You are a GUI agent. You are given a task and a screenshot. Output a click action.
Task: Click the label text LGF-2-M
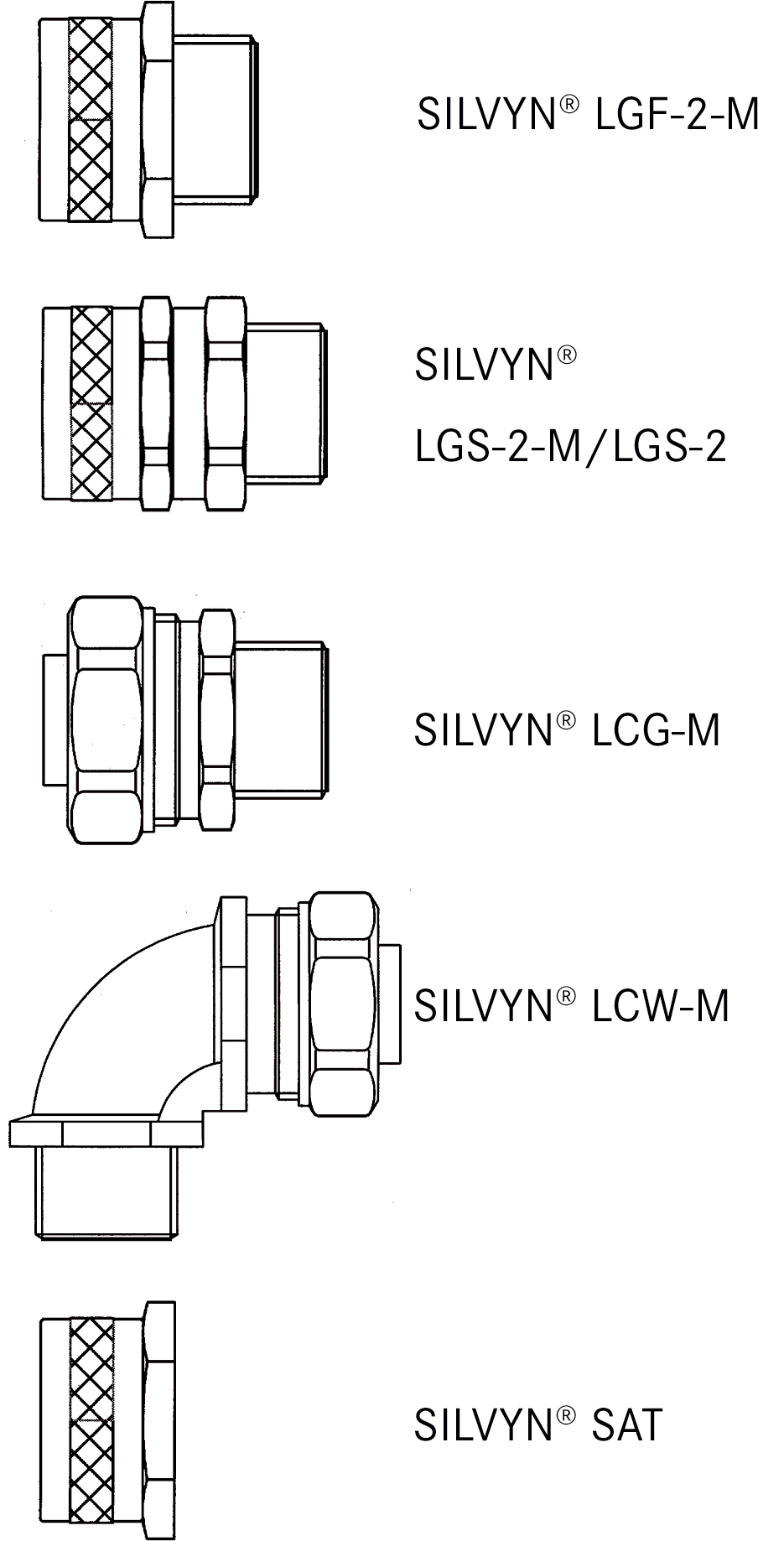tap(675, 114)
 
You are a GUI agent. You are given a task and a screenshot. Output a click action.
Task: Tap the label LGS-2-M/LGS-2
tap(570, 448)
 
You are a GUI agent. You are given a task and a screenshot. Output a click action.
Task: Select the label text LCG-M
tap(656, 729)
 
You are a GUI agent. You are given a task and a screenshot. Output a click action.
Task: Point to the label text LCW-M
tap(660, 1005)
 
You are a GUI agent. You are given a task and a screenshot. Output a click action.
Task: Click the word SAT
tap(627, 1424)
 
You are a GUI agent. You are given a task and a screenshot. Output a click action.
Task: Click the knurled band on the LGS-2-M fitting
tap(91, 403)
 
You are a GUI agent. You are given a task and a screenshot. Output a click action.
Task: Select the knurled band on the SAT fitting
tap(91, 1421)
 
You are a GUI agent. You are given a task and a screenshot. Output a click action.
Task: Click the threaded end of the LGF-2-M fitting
tap(216, 118)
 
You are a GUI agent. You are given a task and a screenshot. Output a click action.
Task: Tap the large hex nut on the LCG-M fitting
tap(105, 720)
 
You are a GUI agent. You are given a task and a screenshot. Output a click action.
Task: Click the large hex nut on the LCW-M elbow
tap(342, 1004)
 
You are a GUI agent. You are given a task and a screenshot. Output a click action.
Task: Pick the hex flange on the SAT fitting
tap(158, 1421)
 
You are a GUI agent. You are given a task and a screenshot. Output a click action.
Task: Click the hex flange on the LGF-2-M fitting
tap(157, 120)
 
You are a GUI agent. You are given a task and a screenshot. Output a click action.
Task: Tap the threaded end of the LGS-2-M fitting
tap(287, 403)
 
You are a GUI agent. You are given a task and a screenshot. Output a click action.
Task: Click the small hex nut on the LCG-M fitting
tap(217, 719)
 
